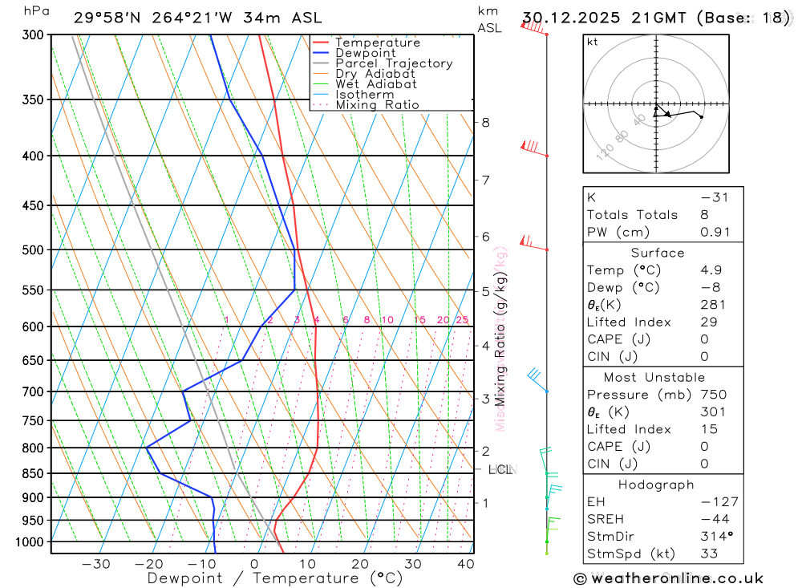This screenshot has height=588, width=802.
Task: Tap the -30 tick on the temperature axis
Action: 96,564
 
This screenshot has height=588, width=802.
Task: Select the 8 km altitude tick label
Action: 485,123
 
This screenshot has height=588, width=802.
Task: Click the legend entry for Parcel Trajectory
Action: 394,63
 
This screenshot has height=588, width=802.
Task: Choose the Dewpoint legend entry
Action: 366,53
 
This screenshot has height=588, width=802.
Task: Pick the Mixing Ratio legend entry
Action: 377,105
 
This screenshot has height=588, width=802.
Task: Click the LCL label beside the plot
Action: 500,469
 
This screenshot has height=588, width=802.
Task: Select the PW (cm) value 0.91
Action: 715,233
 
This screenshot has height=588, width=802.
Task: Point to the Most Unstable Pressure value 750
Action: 713,395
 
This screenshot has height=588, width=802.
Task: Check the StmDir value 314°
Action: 714,537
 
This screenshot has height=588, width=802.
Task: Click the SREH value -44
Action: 714,519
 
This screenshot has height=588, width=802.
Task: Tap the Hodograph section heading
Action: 657,485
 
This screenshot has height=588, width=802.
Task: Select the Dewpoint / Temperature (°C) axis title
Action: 275,578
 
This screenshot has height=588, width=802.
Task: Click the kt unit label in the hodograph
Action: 593,42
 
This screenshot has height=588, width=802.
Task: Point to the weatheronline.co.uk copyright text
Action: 668,578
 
